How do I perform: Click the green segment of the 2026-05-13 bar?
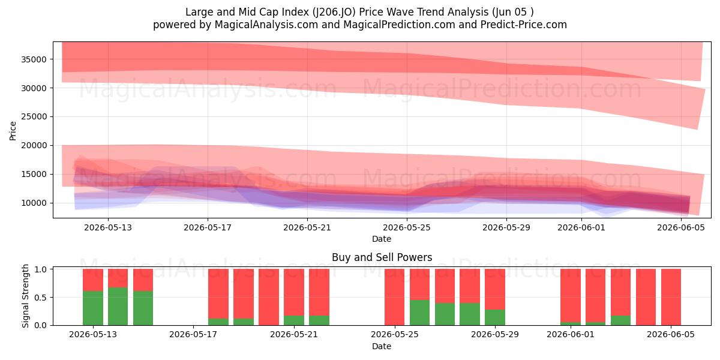point(93,308)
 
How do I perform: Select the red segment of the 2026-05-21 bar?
point(294,292)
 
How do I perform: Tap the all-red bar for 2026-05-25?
point(395,297)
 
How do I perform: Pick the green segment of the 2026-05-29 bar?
point(495,317)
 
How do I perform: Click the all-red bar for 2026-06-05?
point(671,297)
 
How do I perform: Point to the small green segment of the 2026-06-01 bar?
point(571,323)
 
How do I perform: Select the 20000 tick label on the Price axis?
point(34,146)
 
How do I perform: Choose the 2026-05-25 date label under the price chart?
point(407,227)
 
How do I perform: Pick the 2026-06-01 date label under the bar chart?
point(571,335)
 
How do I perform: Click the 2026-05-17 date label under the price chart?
point(208,227)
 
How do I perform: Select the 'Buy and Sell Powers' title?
point(382,257)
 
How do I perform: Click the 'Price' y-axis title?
point(13,131)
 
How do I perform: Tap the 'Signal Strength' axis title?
point(25,296)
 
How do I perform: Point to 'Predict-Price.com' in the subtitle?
point(524,25)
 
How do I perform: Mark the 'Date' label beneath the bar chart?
point(382,346)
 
